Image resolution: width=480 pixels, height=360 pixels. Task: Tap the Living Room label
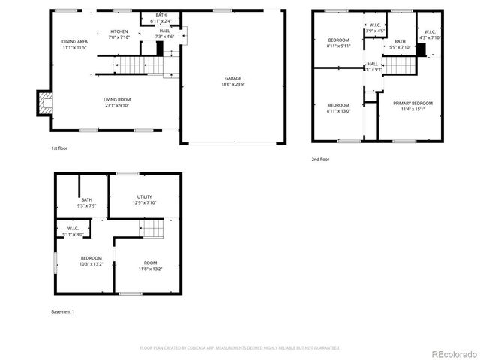coord(118,102)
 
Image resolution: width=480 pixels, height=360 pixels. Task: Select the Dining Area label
coord(75,44)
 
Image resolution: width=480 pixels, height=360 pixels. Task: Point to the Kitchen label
coord(119,34)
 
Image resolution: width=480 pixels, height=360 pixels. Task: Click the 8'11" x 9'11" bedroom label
coord(338,42)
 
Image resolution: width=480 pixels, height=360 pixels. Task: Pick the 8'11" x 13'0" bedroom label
coord(338,107)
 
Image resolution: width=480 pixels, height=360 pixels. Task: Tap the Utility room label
coord(144,199)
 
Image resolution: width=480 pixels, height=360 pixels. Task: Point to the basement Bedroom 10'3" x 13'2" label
coord(91,261)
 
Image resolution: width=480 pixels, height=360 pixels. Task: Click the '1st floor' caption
coord(60,148)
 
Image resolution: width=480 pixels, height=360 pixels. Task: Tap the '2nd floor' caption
coord(320,159)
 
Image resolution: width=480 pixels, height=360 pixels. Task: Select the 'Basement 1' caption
coord(62,311)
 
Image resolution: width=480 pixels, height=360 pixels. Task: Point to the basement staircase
coord(152,228)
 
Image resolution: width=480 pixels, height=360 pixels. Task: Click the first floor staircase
coord(129,66)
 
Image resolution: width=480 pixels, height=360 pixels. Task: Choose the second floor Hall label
coord(373,66)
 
